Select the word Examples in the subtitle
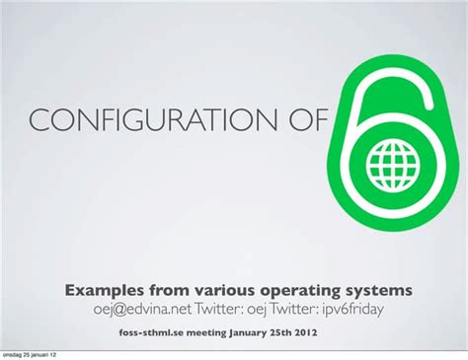click(x=106, y=291)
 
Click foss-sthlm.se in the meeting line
click(x=153, y=332)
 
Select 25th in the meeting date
click(x=301, y=332)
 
